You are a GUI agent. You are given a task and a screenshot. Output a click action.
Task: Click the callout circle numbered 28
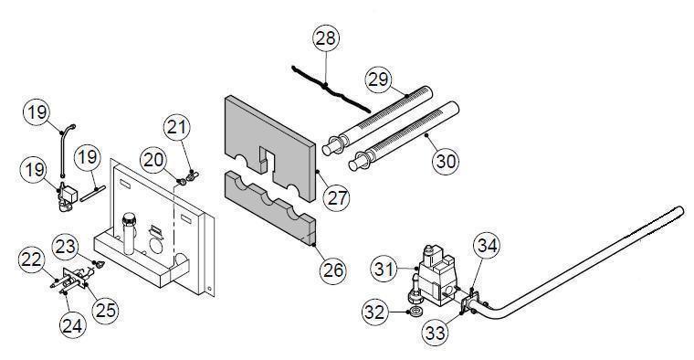[x=326, y=38]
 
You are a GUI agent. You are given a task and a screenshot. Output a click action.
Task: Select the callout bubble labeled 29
[x=378, y=79]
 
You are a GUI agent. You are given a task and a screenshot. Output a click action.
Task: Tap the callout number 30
[x=446, y=161]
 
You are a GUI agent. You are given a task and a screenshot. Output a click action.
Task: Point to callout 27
[x=336, y=197]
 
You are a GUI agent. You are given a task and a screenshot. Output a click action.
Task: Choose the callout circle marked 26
[x=333, y=270]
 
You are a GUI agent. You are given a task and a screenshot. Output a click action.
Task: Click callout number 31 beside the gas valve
[x=384, y=269]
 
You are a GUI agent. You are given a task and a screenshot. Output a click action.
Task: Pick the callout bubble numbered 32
[x=375, y=312]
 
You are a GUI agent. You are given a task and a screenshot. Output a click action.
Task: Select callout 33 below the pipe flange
[x=435, y=332]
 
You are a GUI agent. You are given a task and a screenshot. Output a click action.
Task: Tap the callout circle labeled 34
[x=487, y=246]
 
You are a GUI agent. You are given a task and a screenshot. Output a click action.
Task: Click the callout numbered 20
[x=153, y=160]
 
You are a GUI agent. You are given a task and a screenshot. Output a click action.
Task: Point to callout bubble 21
[x=176, y=128]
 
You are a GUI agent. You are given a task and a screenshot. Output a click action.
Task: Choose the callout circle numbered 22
[x=31, y=259]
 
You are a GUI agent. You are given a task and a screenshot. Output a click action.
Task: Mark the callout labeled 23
[x=65, y=247]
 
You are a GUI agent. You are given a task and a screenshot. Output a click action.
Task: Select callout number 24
[x=72, y=326]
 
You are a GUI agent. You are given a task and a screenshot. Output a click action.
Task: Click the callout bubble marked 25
[x=105, y=310]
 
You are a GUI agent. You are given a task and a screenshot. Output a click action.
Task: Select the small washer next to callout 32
[x=415, y=312]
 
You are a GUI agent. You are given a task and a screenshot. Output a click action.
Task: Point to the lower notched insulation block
[x=271, y=208]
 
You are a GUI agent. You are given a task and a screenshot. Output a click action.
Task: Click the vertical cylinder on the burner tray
[x=129, y=232]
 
